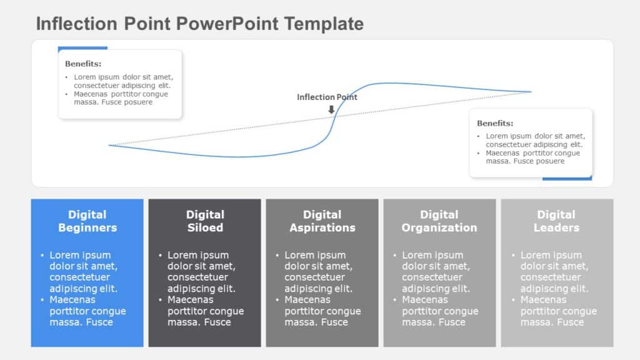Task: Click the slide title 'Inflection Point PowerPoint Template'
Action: click(x=199, y=24)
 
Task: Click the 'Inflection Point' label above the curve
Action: click(x=327, y=97)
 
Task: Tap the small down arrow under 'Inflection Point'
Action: click(x=331, y=109)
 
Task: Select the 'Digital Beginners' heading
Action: click(x=87, y=221)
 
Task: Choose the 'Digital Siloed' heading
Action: click(x=205, y=221)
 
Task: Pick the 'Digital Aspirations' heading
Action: click(x=322, y=221)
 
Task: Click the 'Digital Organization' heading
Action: click(x=439, y=221)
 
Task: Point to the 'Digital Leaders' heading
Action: click(x=556, y=221)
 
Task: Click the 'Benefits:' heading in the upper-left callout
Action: click(x=83, y=64)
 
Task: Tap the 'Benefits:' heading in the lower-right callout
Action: click(x=495, y=123)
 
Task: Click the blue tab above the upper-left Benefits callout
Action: click(x=82, y=47)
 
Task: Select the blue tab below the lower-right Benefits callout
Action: click(x=567, y=178)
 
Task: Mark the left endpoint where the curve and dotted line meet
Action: click(x=109, y=146)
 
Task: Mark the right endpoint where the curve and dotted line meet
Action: click(x=531, y=92)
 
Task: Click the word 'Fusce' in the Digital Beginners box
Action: click(x=100, y=322)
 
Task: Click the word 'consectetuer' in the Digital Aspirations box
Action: click(x=314, y=277)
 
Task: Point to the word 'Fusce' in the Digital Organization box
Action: click(x=452, y=322)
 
